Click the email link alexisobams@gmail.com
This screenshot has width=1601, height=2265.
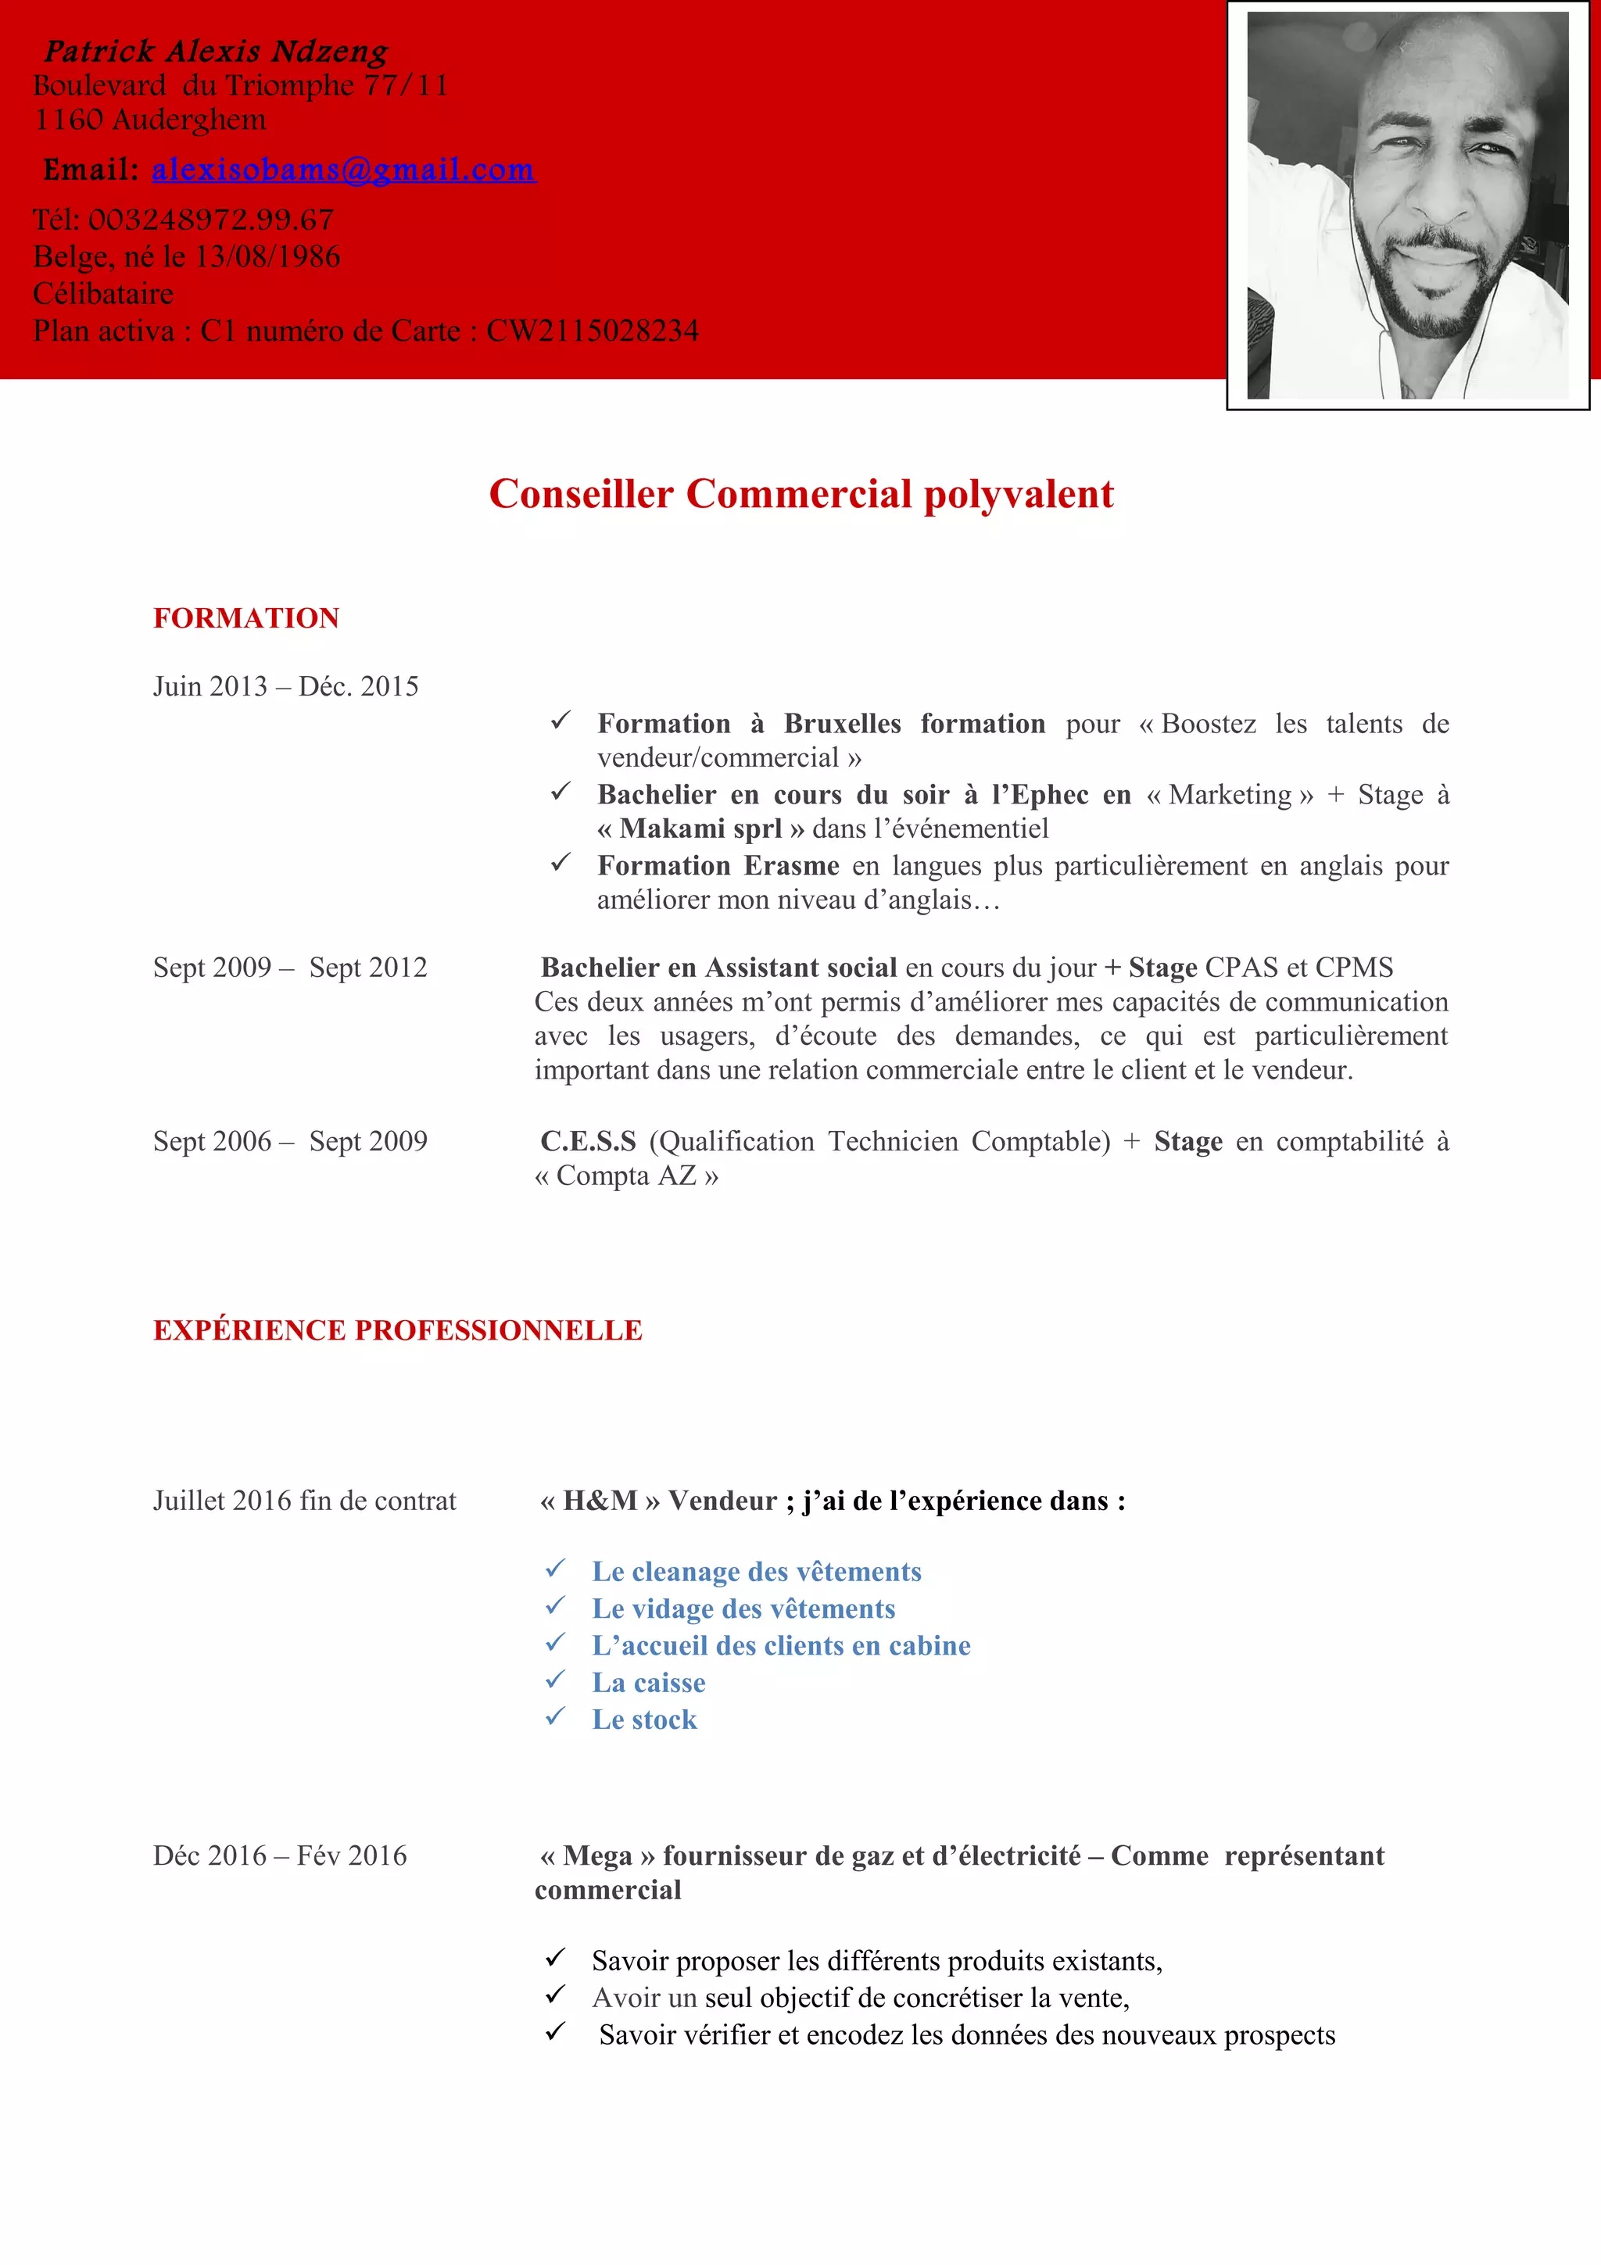[x=343, y=170]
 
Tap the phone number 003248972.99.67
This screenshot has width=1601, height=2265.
[x=210, y=219]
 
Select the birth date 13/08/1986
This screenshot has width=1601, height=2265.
[x=267, y=256]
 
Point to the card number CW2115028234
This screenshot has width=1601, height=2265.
[x=593, y=331]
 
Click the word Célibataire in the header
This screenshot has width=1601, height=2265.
[x=103, y=294]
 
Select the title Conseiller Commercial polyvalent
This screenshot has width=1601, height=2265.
[x=801, y=494]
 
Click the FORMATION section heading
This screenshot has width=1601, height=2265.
[x=246, y=618]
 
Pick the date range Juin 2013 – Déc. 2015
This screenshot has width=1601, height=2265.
[x=286, y=685]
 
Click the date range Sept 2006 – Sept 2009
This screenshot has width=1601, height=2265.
[x=290, y=1141]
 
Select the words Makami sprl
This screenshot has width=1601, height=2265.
[x=700, y=828]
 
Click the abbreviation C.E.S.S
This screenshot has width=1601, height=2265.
[x=588, y=1141]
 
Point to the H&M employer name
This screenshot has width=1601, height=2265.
[x=600, y=1501]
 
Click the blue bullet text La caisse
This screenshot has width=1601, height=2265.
[x=648, y=1683]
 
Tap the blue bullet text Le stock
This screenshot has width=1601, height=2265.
[x=644, y=1719]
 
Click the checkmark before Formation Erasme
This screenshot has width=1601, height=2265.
[x=561, y=863]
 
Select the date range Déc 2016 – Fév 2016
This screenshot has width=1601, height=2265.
[x=280, y=1855]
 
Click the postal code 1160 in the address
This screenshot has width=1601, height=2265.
[x=69, y=120]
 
